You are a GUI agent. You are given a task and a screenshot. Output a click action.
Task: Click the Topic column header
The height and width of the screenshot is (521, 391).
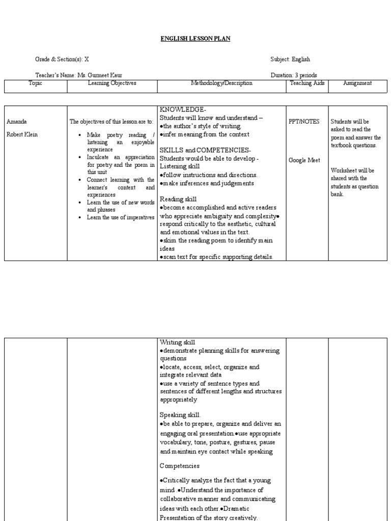[x=36, y=83]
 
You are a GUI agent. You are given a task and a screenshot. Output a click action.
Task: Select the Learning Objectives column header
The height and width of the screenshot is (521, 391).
[x=112, y=83]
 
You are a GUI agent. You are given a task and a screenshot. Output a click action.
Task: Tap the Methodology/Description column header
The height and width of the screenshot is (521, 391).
[x=221, y=83]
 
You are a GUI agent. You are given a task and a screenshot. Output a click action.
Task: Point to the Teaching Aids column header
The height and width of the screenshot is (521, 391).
[x=307, y=83]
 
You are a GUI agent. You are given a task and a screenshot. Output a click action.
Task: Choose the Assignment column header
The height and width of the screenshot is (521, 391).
[x=357, y=83]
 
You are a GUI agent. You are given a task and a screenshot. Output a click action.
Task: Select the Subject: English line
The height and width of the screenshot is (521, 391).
[x=290, y=60]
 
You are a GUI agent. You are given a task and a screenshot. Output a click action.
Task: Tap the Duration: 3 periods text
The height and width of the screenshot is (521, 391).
[x=294, y=75]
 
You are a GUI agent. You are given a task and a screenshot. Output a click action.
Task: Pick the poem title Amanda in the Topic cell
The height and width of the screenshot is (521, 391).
[x=16, y=122]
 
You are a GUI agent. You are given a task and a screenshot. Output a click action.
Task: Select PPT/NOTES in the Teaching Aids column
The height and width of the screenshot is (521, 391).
[x=303, y=122]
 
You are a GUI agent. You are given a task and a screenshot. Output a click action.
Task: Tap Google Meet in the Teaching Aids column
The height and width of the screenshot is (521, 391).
[x=304, y=160]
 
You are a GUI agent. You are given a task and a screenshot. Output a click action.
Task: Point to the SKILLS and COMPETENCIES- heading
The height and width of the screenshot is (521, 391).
[x=205, y=151]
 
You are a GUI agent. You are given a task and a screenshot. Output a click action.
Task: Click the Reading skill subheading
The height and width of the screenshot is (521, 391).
[x=178, y=199]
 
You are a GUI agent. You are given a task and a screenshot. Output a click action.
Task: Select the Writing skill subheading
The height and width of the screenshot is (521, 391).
[x=178, y=342]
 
